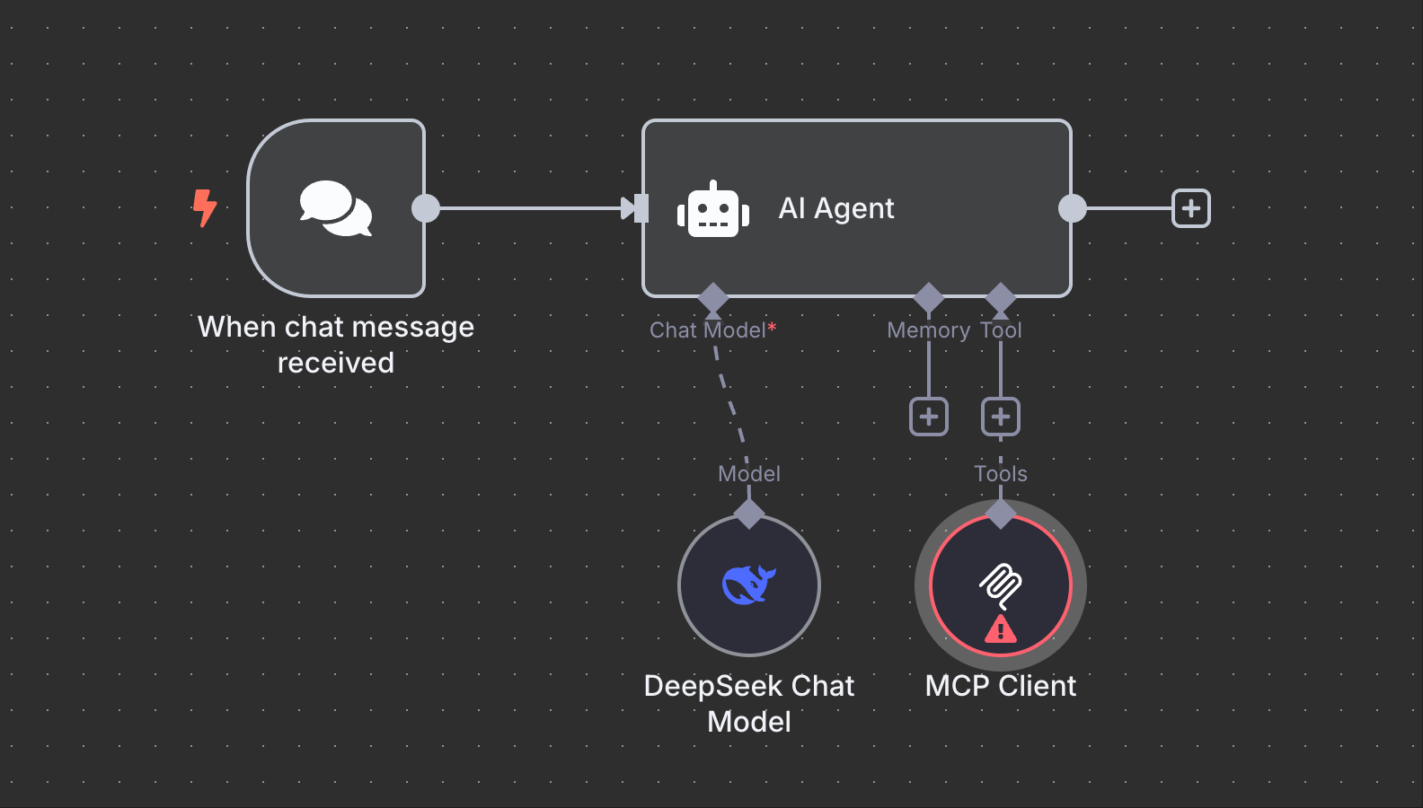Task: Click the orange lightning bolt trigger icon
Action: click(205, 207)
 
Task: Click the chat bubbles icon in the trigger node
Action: click(335, 208)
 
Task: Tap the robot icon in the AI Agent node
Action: click(713, 210)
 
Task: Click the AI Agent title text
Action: click(835, 208)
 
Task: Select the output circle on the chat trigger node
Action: click(426, 208)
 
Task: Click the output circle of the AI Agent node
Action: click(1072, 208)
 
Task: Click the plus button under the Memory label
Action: click(929, 417)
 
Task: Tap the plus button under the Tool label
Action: click(1001, 417)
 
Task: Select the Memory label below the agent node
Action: click(928, 330)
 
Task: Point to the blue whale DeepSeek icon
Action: click(748, 584)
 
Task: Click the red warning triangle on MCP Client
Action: click(1001, 629)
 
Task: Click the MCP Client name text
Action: click(1001, 686)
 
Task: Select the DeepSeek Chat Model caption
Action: click(748, 703)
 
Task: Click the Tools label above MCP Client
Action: click(1001, 474)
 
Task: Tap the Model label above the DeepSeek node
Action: click(749, 474)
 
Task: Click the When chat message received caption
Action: click(336, 344)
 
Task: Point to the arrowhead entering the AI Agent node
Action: click(629, 208)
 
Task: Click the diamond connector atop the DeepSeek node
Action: click(749, 514)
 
